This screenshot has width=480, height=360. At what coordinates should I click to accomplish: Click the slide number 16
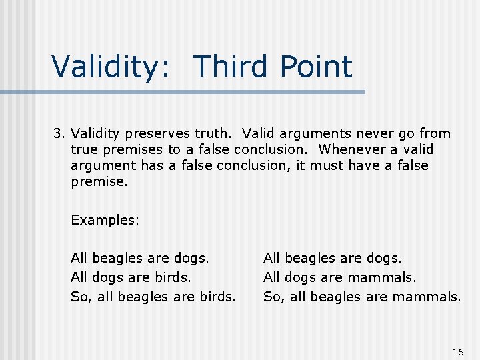pos(457,352)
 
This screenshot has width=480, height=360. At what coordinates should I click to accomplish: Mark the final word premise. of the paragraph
pos(99,181)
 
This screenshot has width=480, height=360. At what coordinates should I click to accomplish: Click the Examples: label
pos(105,220)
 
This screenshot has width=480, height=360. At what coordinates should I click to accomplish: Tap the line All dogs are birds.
pos(131,277)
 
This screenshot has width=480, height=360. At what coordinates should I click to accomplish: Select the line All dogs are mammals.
pos(339,277)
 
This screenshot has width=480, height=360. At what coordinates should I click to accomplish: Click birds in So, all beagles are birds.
pos(216,296)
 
